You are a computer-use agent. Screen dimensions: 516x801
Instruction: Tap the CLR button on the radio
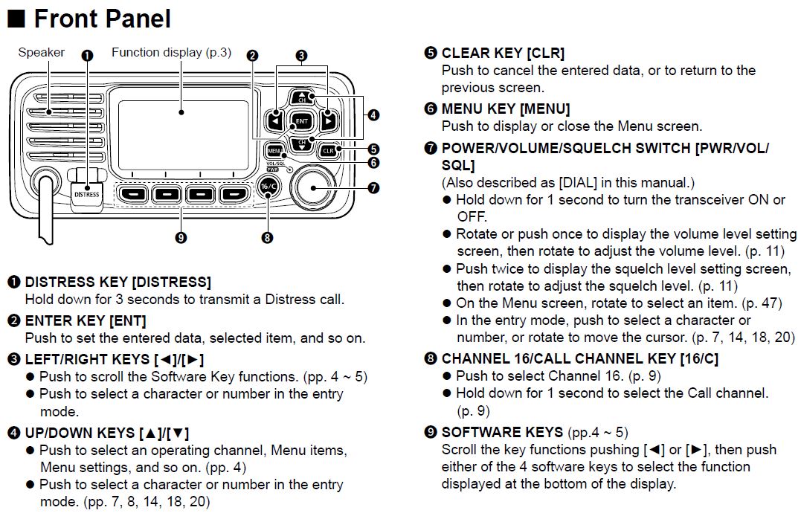point(328,150)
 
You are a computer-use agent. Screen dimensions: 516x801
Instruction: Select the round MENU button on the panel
point(274,149)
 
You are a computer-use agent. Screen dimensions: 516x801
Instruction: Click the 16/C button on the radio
point(268,187)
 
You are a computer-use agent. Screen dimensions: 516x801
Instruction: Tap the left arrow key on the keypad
point(276,120)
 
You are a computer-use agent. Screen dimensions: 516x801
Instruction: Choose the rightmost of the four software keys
point(234,194)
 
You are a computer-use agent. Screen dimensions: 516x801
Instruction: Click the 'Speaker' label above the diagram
point(41,53)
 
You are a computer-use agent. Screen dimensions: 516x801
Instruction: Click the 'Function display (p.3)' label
point(171,53)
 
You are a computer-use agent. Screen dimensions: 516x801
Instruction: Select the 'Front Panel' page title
point(102,18)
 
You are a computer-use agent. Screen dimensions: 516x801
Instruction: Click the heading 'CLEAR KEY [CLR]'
point(503,53)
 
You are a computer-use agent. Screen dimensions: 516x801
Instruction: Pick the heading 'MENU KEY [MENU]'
point(506,109)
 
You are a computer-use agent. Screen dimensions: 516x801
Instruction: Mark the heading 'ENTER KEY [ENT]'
point(86,320)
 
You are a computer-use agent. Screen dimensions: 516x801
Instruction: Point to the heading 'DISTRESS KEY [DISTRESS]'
point(118,282)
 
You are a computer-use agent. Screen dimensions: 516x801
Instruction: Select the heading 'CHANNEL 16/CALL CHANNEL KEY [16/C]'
point(580,358)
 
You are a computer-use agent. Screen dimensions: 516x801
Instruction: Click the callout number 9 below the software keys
point(180,237)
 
